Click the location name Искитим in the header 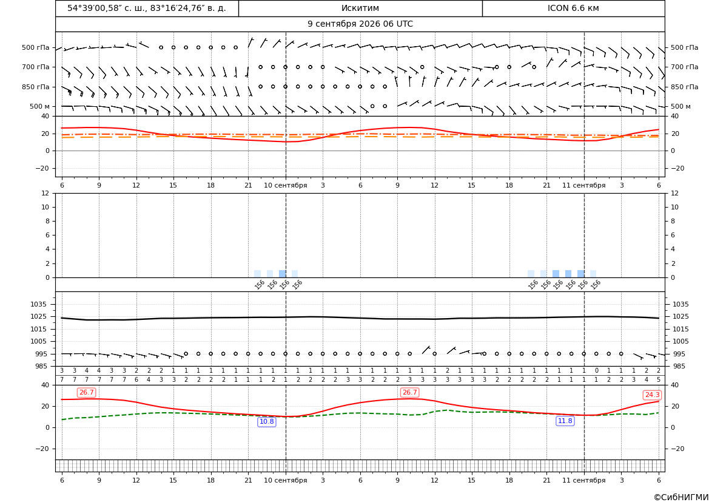[x=360, y=8]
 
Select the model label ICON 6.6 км [x=573, y=8]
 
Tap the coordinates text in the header [x=147, y=8]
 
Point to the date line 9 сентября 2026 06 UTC [x=360, y=24]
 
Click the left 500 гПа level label [x=36, y=47]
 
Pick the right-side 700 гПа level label [x=684, y=67]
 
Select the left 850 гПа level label [x=36, y=87]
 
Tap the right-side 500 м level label [x=680, y=106]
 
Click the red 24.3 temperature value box [x=651, y=395]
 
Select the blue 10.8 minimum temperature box [x=266, y=422]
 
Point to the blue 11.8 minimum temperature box [x=565, y=421]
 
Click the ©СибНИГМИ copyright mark [x=681, y=497]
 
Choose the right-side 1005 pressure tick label [x=680, y=341]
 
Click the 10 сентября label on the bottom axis [x=285, y=480]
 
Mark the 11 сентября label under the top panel [x=583, y=185]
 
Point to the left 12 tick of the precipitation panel [x=45, y=193]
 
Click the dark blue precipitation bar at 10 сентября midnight [x=283, y=274]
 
